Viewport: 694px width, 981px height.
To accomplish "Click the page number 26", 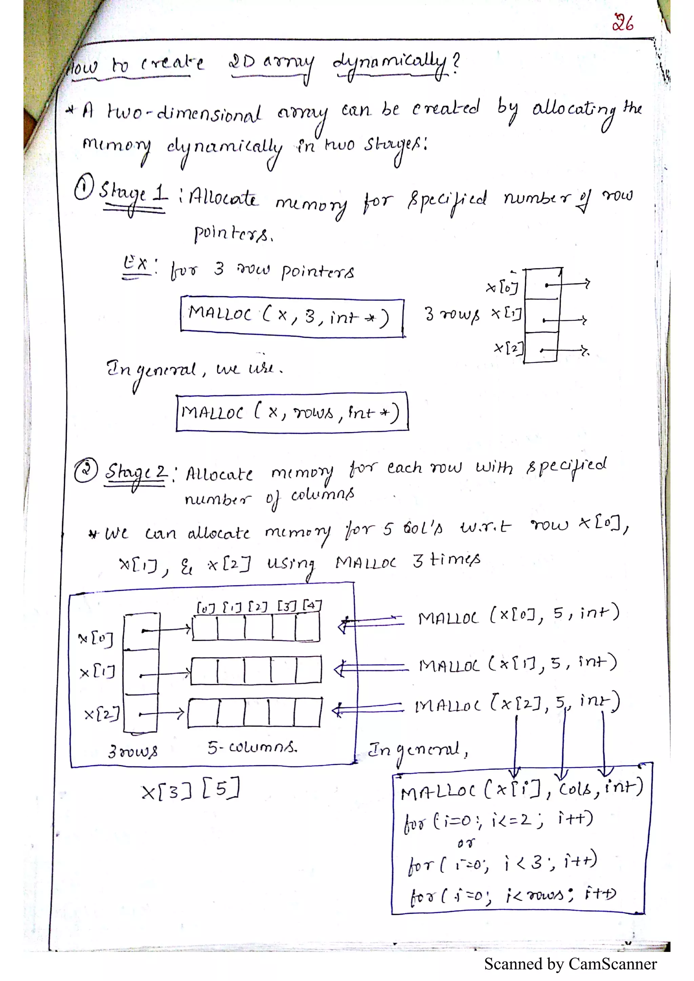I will coord(622,23).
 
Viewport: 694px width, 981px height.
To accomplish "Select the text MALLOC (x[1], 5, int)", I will coord(518,663).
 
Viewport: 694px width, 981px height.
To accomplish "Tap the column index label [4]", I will coord(312,606).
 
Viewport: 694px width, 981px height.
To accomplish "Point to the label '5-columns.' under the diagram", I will coord(252,747).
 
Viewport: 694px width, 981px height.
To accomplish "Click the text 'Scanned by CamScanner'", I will coord(570,963).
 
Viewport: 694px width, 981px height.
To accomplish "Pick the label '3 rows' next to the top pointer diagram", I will coord(452,315).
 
